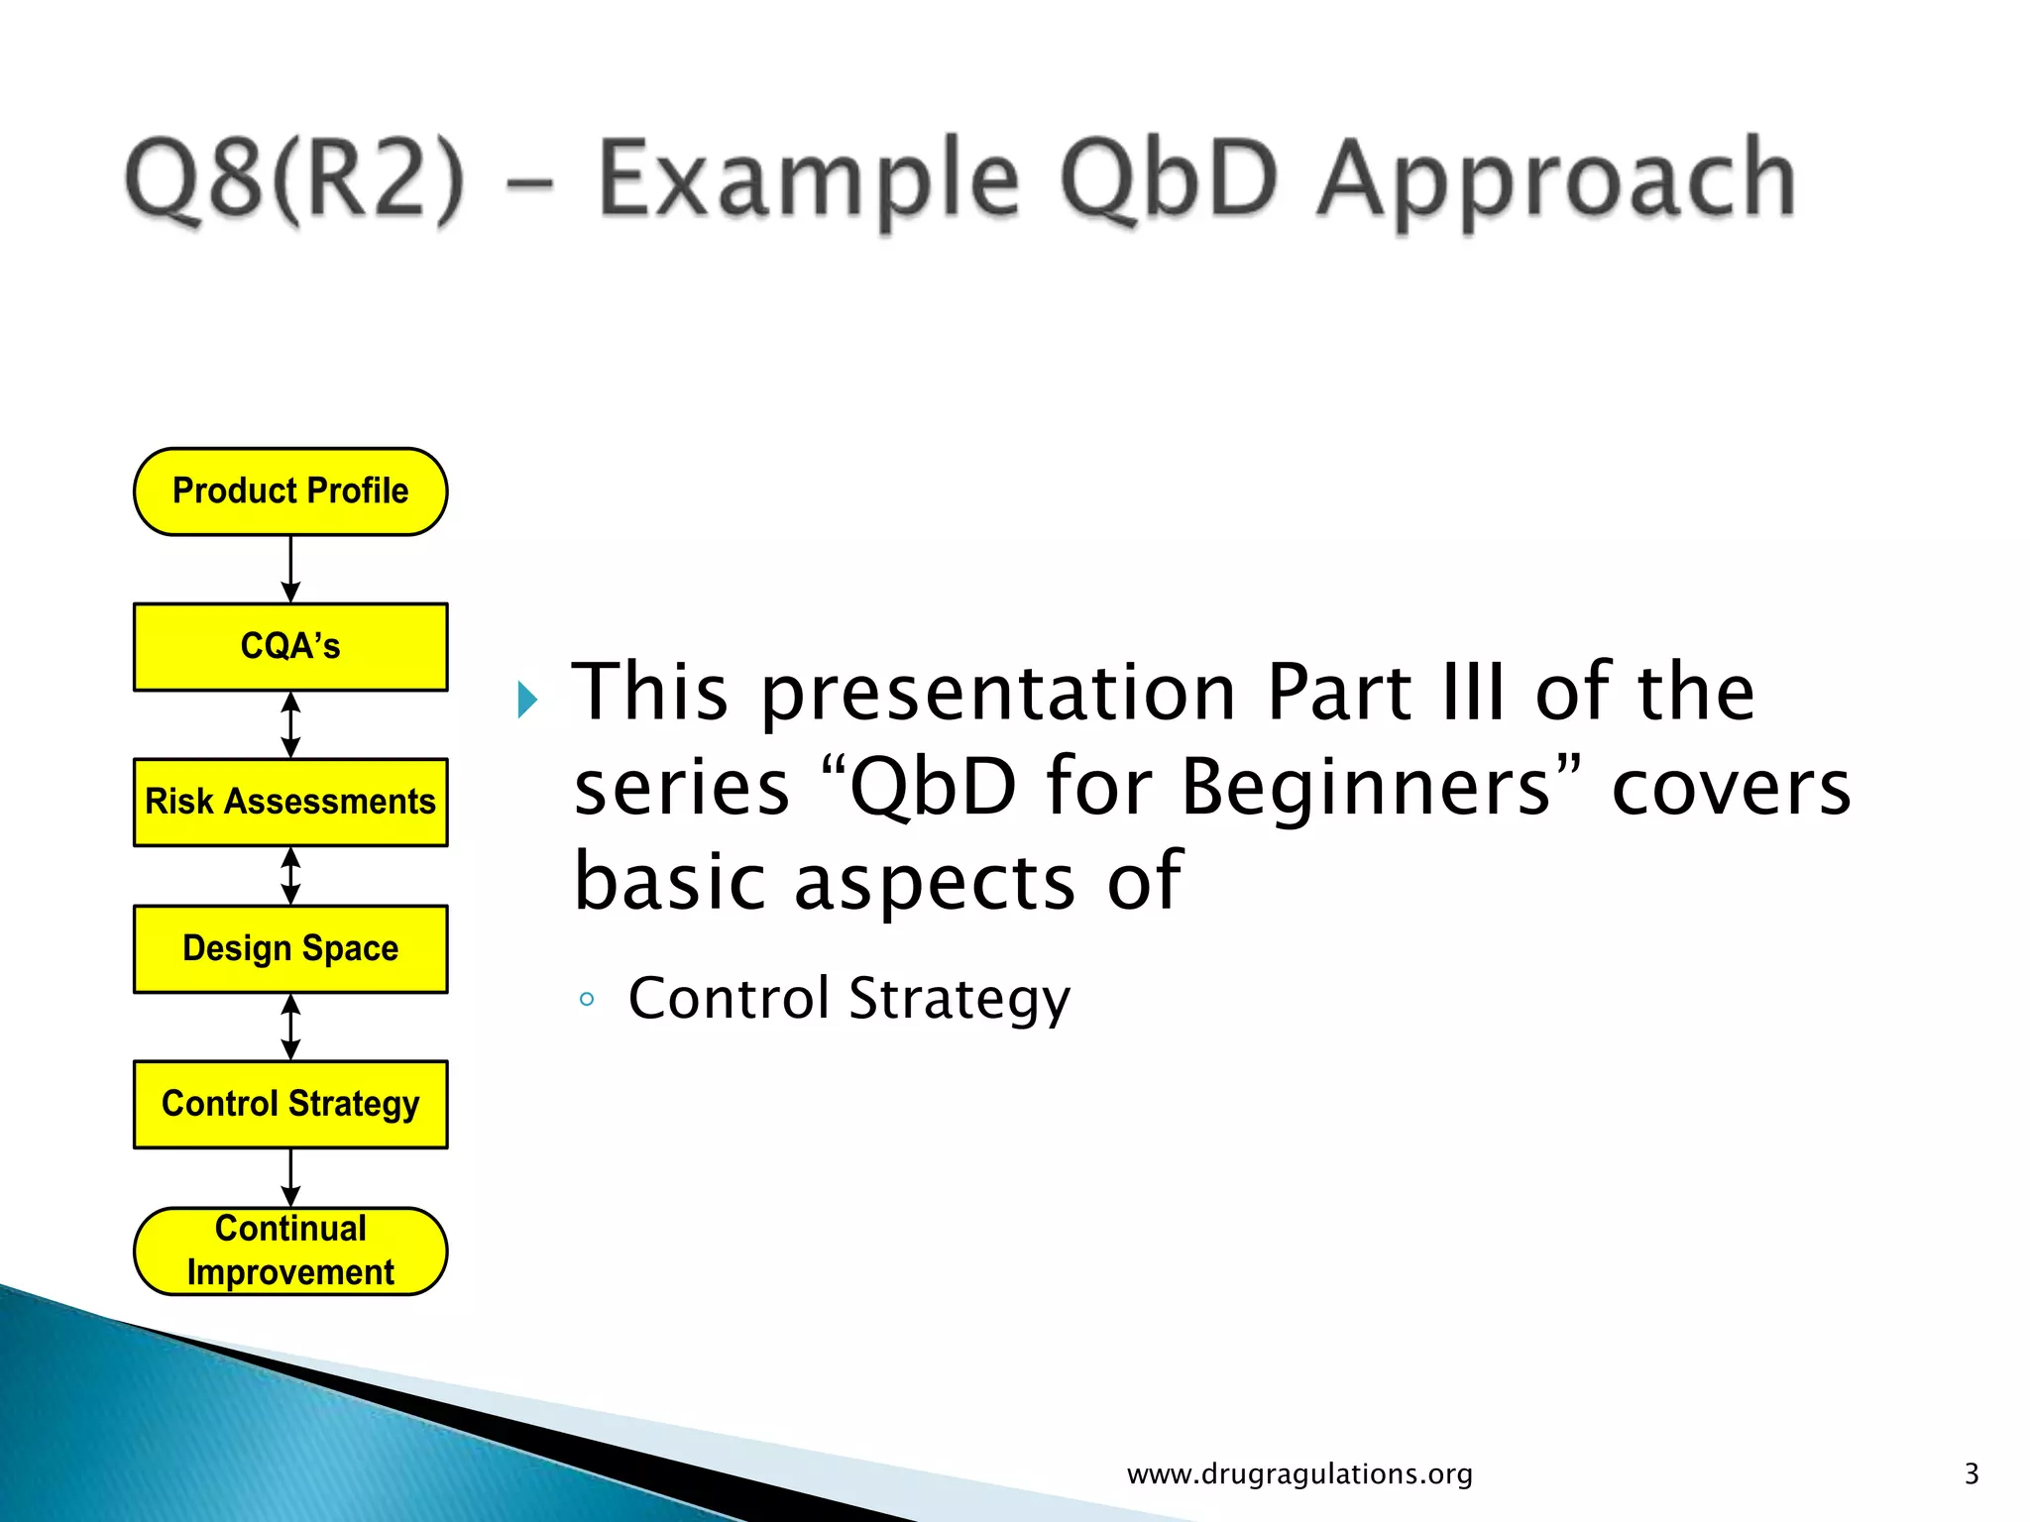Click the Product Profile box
click(x=290, y=491)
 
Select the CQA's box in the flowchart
click(x=290, y=646)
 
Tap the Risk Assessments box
click(x=290, y=802)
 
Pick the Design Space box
click(x=290, y=948)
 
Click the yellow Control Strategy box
click(x=290, y=1104)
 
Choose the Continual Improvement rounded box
click(x=290, y=1250)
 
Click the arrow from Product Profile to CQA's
click(x=290, y=570)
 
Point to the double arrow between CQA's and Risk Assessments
click(x=290, y=724)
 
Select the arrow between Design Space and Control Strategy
click(x=290, y=1027)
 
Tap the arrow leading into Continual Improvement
click(x=290, y=1177)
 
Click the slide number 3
click(x=1971, y=1474)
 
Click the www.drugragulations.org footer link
click(x=1299, y=1474)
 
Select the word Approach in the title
click(x=1556, y=181)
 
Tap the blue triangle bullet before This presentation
click(x=527, y=701)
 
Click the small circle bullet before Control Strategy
click(x=587, y=999)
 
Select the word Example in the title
click(x=809, y=181)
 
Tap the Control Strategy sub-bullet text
click(x=849, y=998)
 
